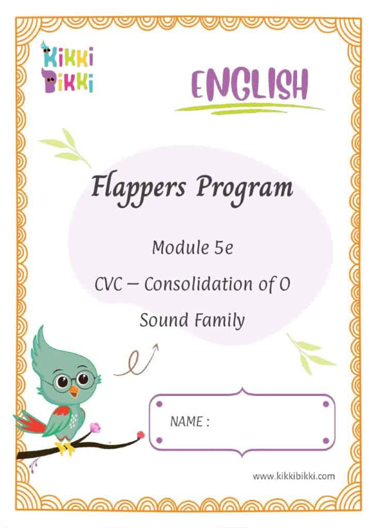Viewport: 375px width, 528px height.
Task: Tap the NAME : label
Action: click(190, 422)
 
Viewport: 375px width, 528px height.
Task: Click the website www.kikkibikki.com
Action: click(293, 476)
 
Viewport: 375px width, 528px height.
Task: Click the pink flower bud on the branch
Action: click(95, 427)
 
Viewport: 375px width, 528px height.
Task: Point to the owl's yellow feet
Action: click(65, 448)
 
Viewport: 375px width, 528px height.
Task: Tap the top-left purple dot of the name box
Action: click(159, 403)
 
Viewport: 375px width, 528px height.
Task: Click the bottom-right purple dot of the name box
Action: click(325, 440)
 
